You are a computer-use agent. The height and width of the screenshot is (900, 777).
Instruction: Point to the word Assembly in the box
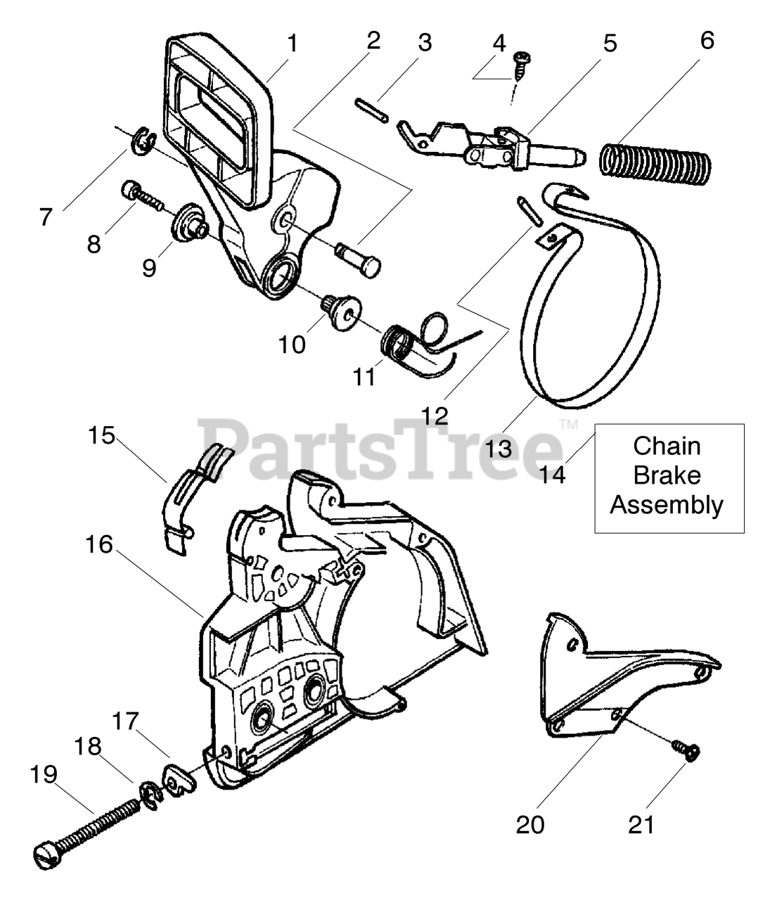pyautogui.click(x=666, y=505)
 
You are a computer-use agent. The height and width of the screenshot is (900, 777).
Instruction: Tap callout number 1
pyautogui.click(x=292, y=44)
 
